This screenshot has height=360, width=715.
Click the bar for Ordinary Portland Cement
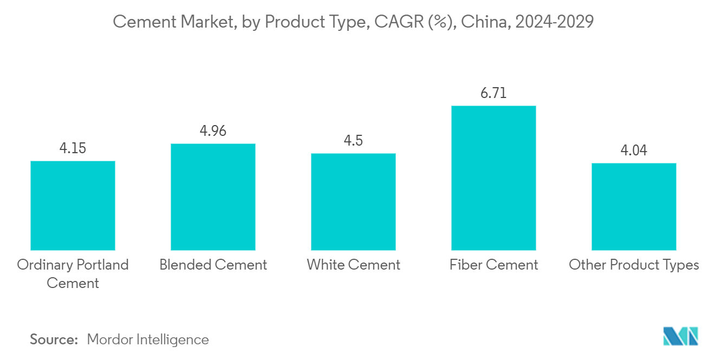[73, 205]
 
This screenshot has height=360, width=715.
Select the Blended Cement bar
[213, 197]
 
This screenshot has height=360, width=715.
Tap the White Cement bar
[353, 201]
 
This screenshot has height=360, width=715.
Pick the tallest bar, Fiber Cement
[493, 178]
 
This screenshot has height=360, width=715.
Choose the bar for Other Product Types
[634, 206]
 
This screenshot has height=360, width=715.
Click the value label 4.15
[73, 148]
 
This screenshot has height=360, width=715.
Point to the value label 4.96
[213, 131]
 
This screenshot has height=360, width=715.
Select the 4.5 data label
[353, 141]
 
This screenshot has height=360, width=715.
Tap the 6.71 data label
[493, 93]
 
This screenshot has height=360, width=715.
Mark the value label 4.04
[634, 150]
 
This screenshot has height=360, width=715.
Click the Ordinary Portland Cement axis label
[73, 273]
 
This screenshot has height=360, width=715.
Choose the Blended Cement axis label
[213, 265]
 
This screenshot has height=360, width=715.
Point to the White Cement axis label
[353, 265]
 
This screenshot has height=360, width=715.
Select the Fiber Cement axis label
[493, 265]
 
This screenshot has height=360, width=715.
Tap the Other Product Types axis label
[634, 265]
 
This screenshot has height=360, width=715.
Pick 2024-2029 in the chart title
[555, 22]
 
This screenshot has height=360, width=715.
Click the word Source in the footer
[54, 339]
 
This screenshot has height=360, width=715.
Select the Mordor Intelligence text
[147, 339]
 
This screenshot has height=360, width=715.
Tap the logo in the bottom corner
[681, 336]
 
